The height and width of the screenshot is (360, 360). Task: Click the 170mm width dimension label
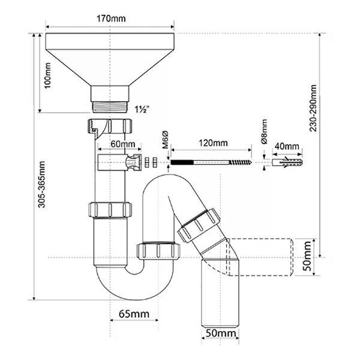coord(111,19)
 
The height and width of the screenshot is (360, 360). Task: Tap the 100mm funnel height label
coord(48,76)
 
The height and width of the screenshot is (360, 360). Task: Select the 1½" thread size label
coord(142,109)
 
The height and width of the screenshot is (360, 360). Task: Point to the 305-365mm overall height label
coord(41,184)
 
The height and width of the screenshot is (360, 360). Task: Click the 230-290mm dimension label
coord(313,108)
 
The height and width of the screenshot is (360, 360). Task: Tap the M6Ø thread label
coord(166,139)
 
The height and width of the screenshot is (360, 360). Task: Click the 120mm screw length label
coord(213,143)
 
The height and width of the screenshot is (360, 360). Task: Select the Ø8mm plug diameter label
coord(264,131)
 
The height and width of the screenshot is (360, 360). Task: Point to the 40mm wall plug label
coord(287,146)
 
